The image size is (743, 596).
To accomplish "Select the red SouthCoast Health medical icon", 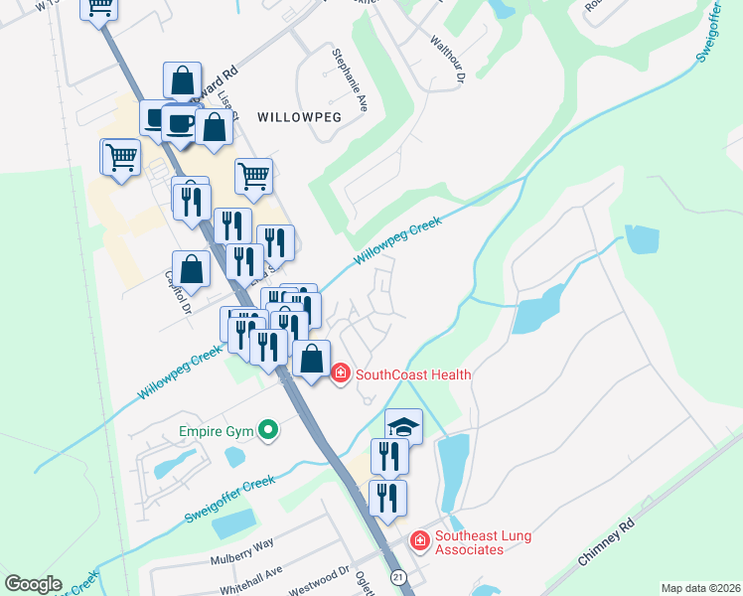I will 340,374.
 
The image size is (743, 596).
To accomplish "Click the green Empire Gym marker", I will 266,431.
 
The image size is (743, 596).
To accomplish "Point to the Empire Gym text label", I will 215,431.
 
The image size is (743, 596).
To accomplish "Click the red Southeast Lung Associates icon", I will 420,540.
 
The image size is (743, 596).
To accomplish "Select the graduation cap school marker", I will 403,427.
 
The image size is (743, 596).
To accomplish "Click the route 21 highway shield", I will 398,577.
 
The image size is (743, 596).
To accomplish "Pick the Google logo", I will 32,584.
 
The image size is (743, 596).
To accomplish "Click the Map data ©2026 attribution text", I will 700,588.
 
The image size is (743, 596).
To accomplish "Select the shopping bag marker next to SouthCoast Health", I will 312,360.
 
